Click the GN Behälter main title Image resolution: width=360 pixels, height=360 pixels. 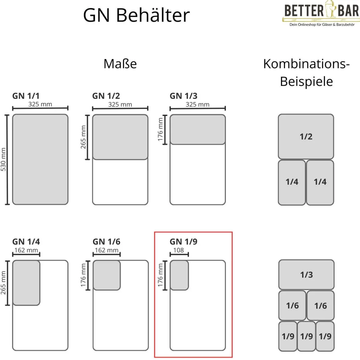click(136, 15)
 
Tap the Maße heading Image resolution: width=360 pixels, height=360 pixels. click(120, 64)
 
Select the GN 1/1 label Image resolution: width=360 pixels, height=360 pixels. click(26, 96)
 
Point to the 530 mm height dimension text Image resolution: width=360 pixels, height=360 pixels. click(3, 159)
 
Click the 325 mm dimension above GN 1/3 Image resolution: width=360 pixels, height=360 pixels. click(198, 105)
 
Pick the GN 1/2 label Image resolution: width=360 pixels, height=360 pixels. click(106, 96)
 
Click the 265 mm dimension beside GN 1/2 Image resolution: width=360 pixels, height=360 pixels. click(83, 137)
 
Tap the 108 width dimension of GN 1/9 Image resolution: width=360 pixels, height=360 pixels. click(179, 250)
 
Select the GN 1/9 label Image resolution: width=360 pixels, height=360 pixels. click(183, 242)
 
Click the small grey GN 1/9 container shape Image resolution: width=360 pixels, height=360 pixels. click(179, 275)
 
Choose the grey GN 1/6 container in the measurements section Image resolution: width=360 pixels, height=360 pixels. click(107, 275)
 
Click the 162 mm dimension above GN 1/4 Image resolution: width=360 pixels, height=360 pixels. click(26, 250)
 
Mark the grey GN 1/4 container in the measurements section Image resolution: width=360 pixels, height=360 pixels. click(26, 283)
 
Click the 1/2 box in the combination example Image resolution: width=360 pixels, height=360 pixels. click(306, 137)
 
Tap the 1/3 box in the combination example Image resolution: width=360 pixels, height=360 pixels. click(306, 274)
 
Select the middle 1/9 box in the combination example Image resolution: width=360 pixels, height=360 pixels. click(306, 336)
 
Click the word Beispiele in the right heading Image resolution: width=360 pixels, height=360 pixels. click(306, 82)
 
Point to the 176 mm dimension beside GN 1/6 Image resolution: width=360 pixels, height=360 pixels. click(83, 275)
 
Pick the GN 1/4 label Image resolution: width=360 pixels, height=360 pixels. click(26, 242)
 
